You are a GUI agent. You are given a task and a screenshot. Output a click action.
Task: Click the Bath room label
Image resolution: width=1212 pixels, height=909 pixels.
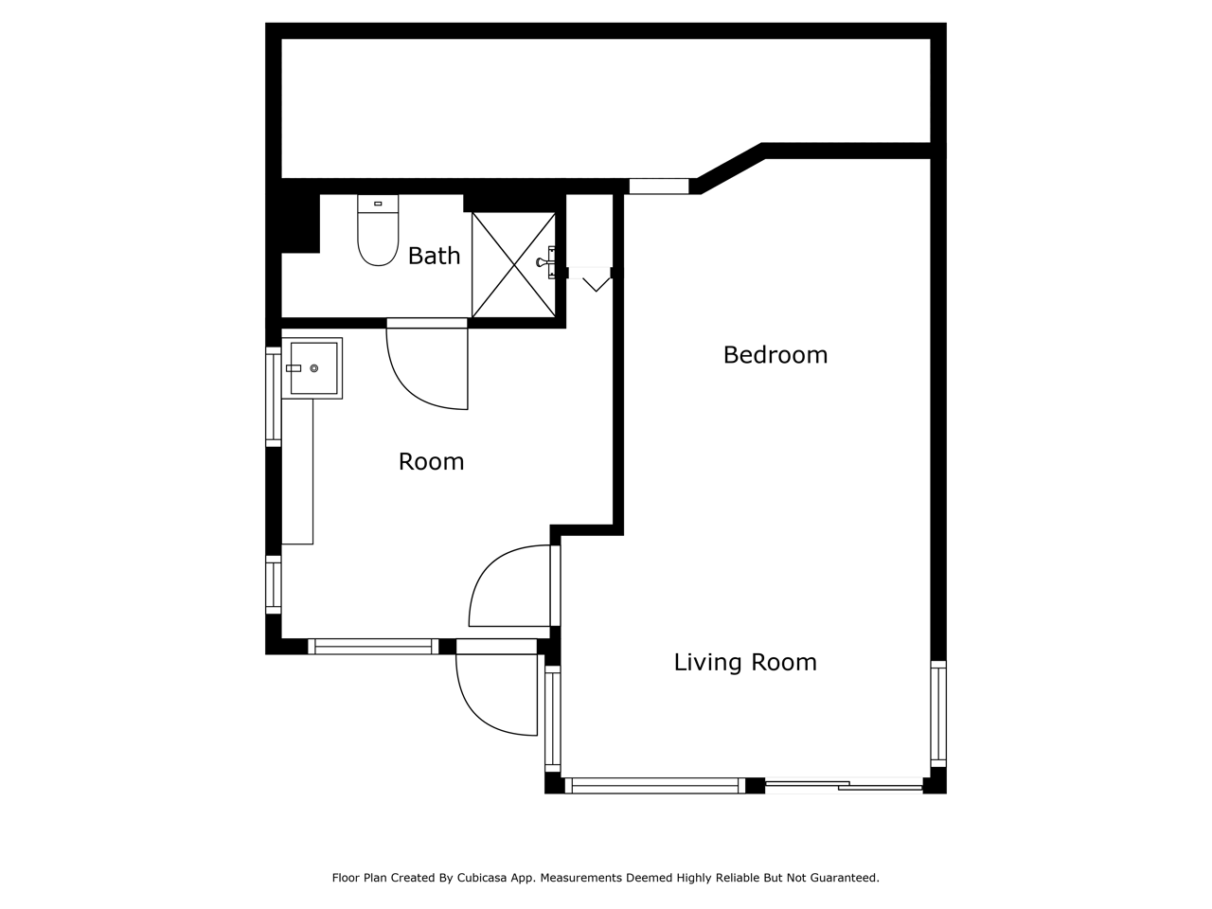click(434, 256)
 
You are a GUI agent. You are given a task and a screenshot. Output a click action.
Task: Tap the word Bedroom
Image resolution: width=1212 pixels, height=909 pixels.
click(775, 355)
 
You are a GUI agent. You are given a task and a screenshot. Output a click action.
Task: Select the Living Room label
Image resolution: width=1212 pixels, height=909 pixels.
click(745, 662)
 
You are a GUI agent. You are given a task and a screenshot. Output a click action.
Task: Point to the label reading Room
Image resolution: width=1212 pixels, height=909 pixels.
click(431, 461)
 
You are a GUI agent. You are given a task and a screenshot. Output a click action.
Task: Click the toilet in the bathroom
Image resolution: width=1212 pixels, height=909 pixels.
click(378, 229)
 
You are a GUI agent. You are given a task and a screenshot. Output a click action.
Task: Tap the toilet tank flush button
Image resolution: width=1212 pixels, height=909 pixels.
click(378, 204)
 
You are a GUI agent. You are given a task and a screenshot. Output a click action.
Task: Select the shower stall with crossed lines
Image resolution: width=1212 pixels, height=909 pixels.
click(513, 265)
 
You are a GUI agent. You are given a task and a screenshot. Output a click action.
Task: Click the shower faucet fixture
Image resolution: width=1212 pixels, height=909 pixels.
click(546, 262)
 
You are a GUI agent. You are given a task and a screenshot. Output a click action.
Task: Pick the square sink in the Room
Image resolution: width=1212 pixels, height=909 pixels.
click(312, 368)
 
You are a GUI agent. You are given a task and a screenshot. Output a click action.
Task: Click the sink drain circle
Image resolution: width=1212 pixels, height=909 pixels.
click(314, 368)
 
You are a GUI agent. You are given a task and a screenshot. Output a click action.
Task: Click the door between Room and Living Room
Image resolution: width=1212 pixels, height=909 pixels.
click(514, 585)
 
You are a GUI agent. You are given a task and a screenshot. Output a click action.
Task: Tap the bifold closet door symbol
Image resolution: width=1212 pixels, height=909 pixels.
click(590, 279)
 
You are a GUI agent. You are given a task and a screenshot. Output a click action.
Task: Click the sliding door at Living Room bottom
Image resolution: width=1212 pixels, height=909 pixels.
click(844, 785)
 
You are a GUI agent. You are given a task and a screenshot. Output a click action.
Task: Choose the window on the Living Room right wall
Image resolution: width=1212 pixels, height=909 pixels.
click(938, 714)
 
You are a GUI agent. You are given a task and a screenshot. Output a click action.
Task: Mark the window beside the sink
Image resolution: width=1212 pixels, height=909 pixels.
click(274, 397)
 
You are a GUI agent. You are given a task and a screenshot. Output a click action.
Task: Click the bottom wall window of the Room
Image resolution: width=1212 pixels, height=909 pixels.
click(373, 647)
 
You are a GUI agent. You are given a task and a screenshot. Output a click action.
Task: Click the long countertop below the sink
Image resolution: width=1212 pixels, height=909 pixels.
click(297, 472)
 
